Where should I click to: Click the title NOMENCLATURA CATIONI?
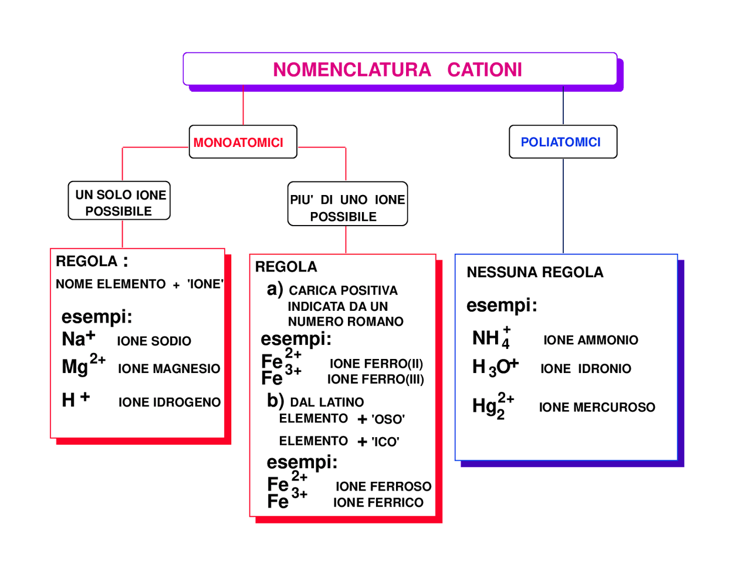[397, 70]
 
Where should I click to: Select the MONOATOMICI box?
[238, 142]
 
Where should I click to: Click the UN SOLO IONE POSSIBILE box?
[120, 202]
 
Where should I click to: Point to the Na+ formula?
[78, 339]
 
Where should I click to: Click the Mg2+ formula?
[83, 365]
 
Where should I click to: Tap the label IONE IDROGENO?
[170, 402]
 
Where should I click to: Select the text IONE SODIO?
[154, 341]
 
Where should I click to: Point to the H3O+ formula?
[495, 367]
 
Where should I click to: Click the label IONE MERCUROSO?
[597, 407]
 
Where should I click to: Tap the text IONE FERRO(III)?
[375, 380]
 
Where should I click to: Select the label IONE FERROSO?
[383, 486]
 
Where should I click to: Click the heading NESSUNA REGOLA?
[535, 273]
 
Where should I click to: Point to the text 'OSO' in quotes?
[388, 419]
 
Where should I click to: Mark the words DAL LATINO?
[327, 402]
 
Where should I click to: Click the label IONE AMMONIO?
[590, 340]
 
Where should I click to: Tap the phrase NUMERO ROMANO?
[346, 322]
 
